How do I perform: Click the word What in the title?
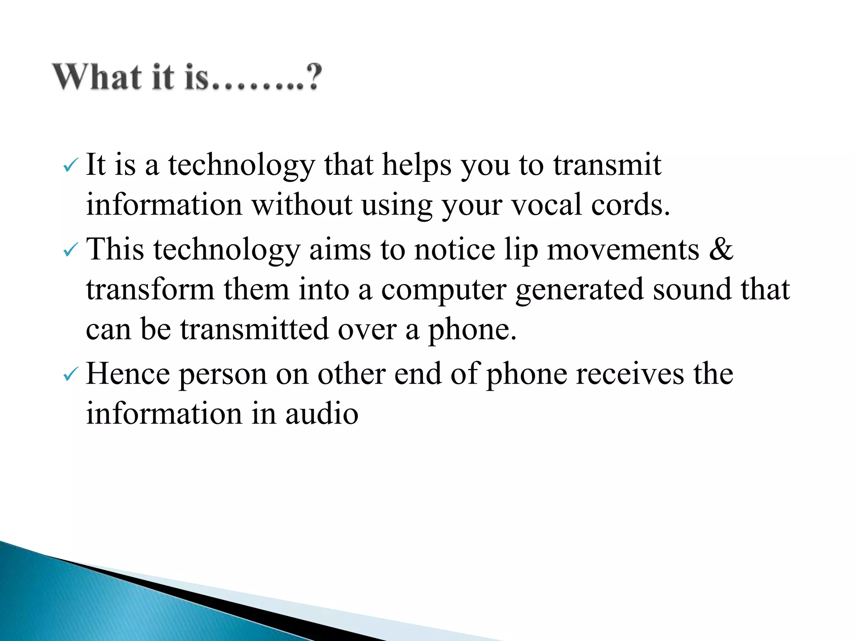tap(97, 77)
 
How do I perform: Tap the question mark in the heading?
tap(313, 77)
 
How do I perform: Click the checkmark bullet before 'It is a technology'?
tap(70, 167)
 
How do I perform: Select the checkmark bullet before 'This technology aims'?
tap(70, 251)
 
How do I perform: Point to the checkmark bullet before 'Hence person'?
tap(70, 375)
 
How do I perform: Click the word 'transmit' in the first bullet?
tap(607, 164)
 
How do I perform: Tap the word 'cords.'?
tap(631, 205)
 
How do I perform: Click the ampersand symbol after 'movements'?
tap(721, 249)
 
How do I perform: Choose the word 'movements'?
tap(623, 249)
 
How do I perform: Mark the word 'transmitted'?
tap(255, 329)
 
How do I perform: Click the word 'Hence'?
tap(128, 373)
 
